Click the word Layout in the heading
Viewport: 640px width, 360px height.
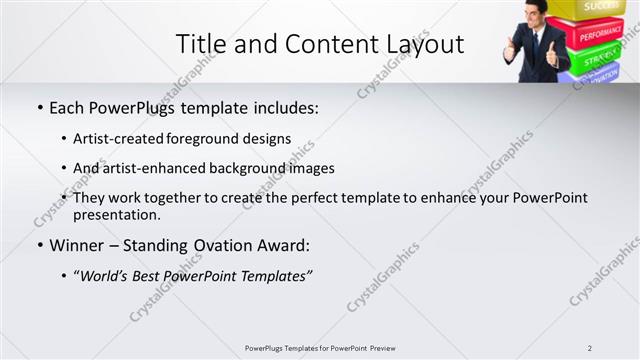coord(421,44)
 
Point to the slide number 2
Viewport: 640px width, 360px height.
coord(590,347)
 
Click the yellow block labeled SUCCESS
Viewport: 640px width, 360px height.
coord(602,8)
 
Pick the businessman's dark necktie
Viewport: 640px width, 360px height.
coord(537,42)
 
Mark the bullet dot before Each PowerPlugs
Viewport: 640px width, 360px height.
coord(40,107)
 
